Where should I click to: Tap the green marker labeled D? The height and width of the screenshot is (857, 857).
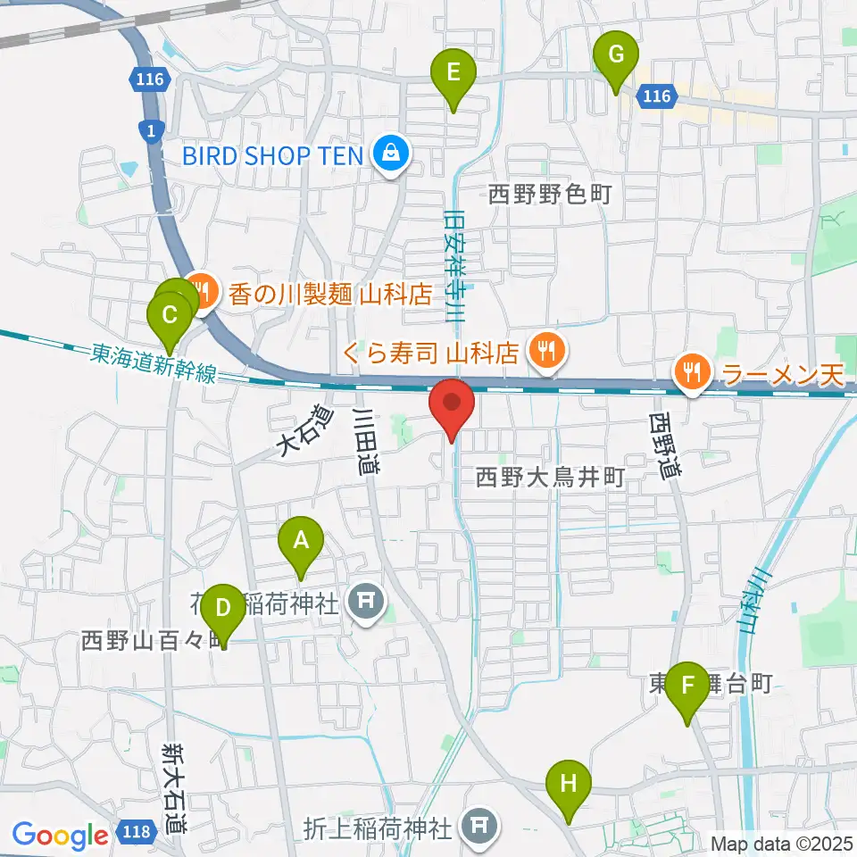[x=222, y=610]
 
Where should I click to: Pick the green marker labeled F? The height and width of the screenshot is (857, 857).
[x=687, y=687]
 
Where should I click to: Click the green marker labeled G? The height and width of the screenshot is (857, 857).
[x=616, y=55]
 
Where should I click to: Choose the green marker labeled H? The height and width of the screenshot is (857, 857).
[x=569, y=786]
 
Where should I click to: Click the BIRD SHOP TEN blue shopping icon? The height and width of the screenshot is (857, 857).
[x=391, y=155]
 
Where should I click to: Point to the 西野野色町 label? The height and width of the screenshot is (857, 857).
[x=550, y=194]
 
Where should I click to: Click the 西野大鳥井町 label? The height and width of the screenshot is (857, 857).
[x=549, y=478]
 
